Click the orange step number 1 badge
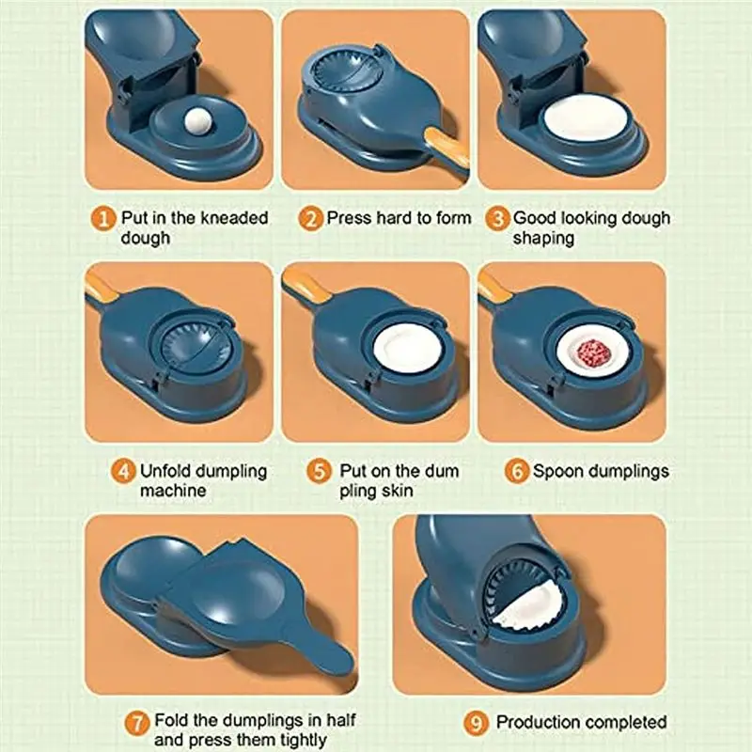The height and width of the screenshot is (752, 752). click(104, 219)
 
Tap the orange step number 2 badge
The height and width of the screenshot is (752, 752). click(310, 219)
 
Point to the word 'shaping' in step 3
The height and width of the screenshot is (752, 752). click(543, 239)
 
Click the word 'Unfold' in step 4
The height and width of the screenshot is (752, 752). click(169, 471)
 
